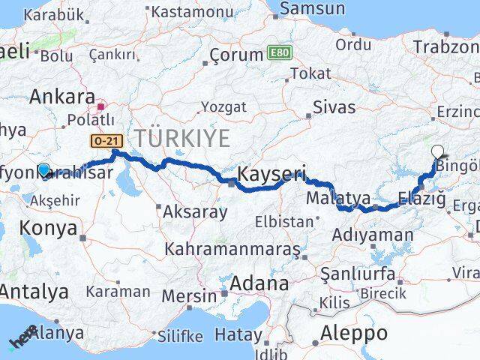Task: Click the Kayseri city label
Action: click(x=271, y=175)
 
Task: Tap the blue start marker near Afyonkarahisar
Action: click(x=44, y=170)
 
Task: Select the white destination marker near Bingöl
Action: click(x=438, y=151)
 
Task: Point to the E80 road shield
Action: click(x=279, y=53)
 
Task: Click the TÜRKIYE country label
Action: click(x=181, y=138)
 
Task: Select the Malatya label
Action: click(x=339, y=199)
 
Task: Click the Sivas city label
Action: click(x=334, y=106)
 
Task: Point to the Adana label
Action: click(x=260, y=283)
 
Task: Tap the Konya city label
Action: click(x=48, y=227)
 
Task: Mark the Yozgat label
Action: click(x=223, y=107)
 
